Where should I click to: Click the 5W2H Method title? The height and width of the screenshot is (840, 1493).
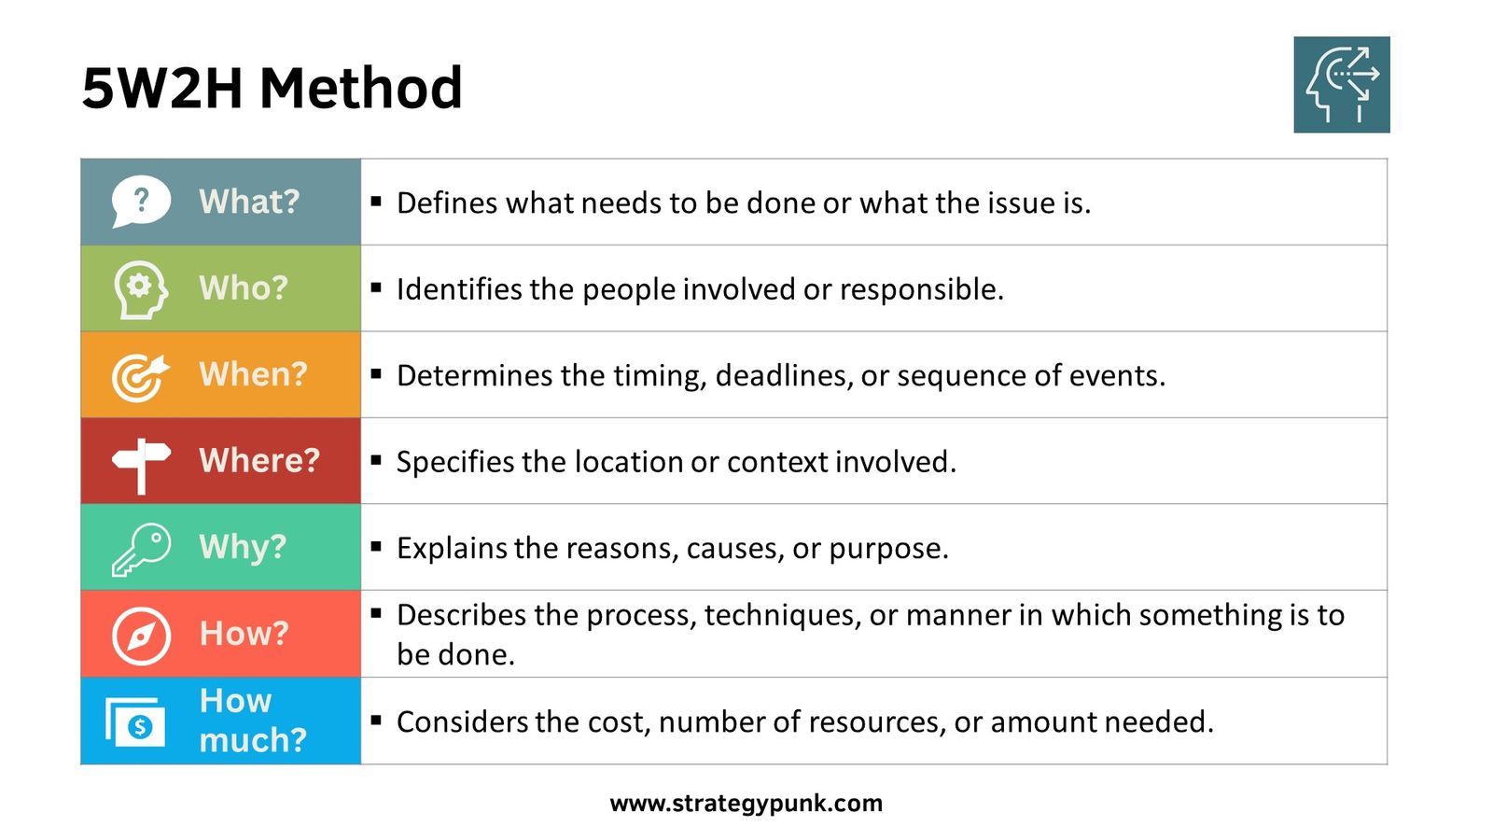272,89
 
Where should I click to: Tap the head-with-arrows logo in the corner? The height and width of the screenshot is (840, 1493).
1341,85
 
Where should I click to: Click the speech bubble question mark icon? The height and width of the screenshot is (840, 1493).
141,201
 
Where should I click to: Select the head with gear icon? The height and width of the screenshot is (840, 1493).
141,288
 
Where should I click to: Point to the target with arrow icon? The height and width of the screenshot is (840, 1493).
140,376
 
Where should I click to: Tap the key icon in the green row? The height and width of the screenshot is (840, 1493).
141,549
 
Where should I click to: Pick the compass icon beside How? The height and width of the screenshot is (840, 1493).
141,636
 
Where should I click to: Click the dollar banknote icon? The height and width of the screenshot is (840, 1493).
136,722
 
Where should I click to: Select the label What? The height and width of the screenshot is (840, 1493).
249,202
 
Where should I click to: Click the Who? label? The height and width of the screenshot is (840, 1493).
244,288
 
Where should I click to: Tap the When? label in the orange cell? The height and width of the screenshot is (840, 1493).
253,374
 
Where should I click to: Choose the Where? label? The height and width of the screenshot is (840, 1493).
259,460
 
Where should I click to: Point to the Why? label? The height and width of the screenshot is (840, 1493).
243,547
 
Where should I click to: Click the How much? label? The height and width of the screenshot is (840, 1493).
252,721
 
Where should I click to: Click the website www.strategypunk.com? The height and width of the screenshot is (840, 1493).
746,803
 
